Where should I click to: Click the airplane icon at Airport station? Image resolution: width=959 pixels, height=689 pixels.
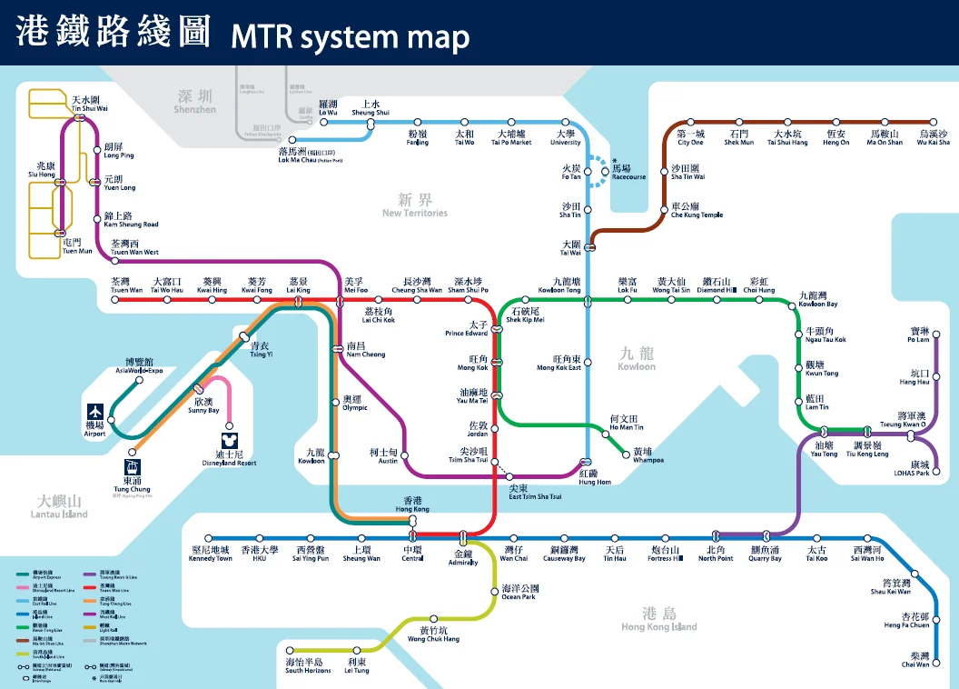(94, 412)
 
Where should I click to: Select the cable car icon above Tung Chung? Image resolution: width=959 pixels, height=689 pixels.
(133, 468)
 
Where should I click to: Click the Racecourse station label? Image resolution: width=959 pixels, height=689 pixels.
(628, 173)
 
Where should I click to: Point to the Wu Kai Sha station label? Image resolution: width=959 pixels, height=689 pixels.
(933, 138)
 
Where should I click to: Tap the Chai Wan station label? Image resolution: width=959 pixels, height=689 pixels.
(915, 660)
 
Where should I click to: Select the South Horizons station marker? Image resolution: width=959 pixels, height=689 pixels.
(291, 652)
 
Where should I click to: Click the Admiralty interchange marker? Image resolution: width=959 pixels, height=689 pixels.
(463, 536)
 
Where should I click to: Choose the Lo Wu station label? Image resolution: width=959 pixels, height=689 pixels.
(328, 108)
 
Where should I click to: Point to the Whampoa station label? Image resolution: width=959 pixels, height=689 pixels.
(648, 455)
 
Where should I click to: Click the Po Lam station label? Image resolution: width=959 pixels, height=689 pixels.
(918, 335)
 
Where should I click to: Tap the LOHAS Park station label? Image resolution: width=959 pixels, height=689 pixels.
(912, 469)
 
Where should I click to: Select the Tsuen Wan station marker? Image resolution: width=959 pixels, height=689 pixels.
(115, 299)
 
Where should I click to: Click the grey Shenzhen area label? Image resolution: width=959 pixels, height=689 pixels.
(195, 101)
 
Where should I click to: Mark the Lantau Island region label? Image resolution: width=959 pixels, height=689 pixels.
(62, 506)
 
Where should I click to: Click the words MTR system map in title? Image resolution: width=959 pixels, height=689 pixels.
(350, 37)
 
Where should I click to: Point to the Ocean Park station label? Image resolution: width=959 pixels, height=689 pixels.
(519, 593)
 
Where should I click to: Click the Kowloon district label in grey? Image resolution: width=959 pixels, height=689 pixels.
(636, 358)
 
